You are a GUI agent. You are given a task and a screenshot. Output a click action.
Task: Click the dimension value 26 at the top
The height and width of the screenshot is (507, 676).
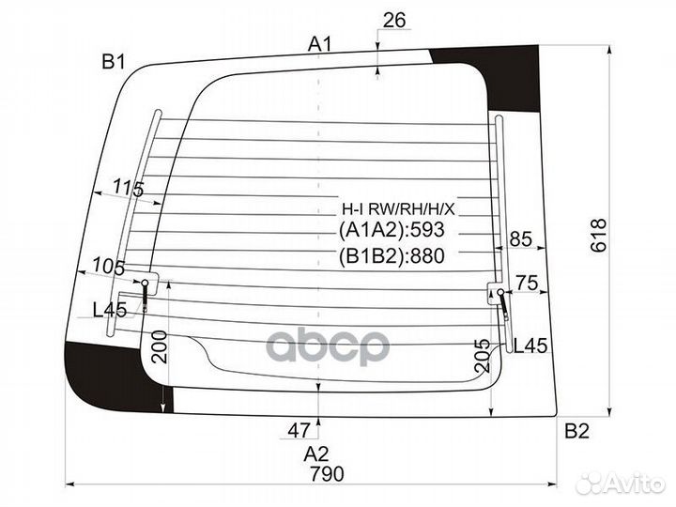coord(394,20)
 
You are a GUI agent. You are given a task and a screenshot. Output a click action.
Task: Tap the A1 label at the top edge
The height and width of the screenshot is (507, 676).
coord(320,44)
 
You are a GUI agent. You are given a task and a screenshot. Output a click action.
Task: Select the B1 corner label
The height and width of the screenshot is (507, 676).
coord(114,62)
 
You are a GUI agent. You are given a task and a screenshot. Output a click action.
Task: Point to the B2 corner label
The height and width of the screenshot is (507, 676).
coord(576,431)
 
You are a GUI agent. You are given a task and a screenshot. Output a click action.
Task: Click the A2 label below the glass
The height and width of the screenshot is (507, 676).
coord(316,454)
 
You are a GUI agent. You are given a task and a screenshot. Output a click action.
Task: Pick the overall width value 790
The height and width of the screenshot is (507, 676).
coord(328,474)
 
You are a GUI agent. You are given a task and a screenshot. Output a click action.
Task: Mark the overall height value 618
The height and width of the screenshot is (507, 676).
coord(599,236)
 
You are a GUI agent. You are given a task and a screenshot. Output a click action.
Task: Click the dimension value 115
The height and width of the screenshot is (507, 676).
coord(129,189)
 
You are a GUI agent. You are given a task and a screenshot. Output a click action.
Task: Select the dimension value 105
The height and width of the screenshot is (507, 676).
coord(109,266)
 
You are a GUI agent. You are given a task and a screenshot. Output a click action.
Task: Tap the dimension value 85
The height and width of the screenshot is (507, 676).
coord(521,238)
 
